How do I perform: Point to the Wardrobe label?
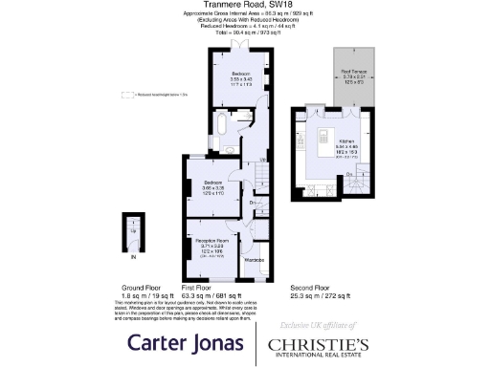254,260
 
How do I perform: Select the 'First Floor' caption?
198,287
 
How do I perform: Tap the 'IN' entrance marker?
134,257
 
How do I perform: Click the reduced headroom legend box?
124,95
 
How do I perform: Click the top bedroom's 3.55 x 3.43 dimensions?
239,78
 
